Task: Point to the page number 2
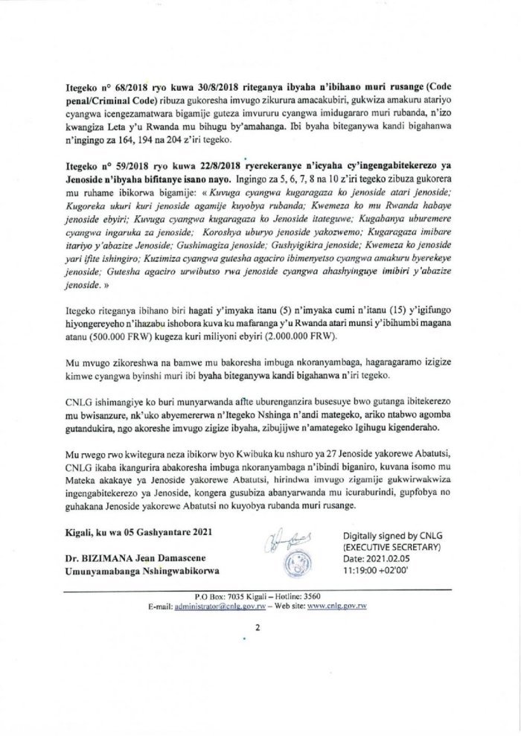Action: click(256, 627)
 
